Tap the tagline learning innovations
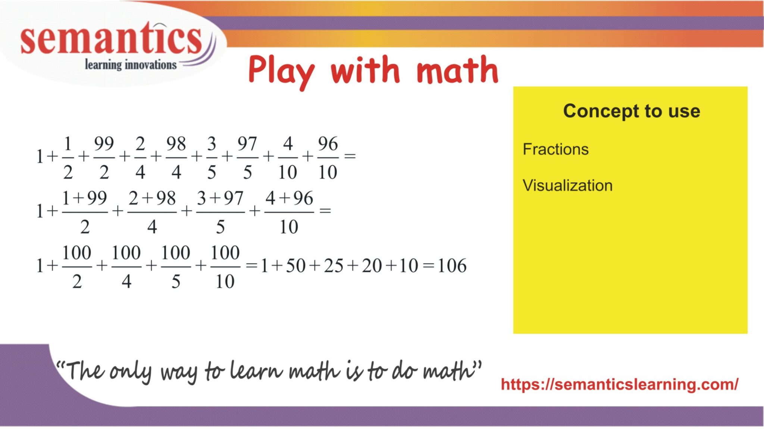tap(131, 65)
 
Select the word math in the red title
tap(457, 70)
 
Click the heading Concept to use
tap(631, 111)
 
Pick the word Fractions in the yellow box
tap(555, 149)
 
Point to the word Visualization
tap(567, 185)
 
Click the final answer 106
tap(452, 266)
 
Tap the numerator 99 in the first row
tap(104, 144)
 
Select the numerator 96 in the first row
tap(328, 144)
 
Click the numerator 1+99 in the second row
tap(85, 198)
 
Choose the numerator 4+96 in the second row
tap(289, 198)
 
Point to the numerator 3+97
tap(220, 198)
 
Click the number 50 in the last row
tap(295, 266)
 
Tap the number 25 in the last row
tap(334, 266)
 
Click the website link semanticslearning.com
tap(619, 384)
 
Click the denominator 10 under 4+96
tap(289, 227)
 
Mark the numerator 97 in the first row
tap(247, 144)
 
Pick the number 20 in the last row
tap(372, 266)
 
